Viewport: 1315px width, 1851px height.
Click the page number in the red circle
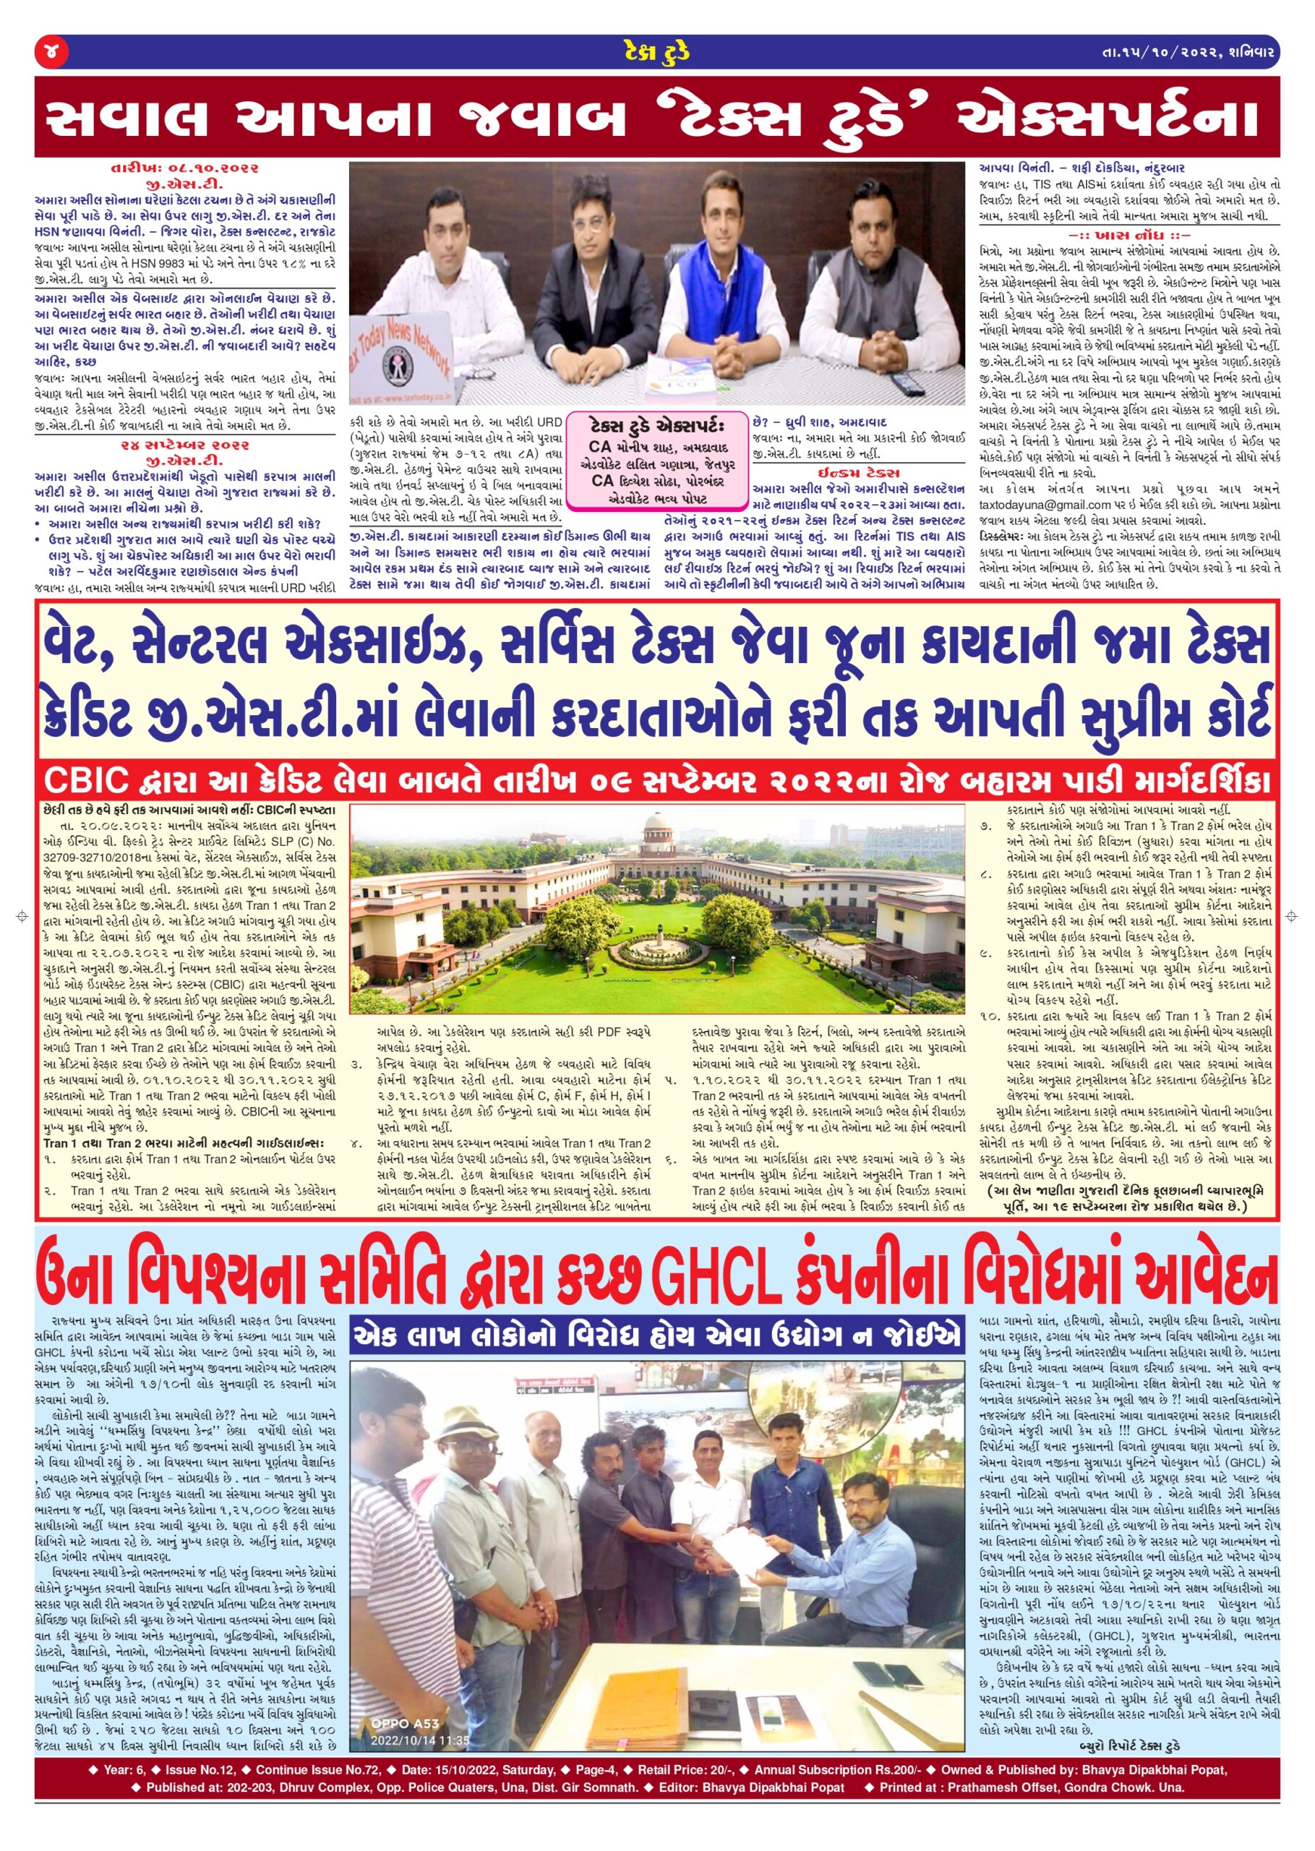pyautogui.click(x=51, y=54)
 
